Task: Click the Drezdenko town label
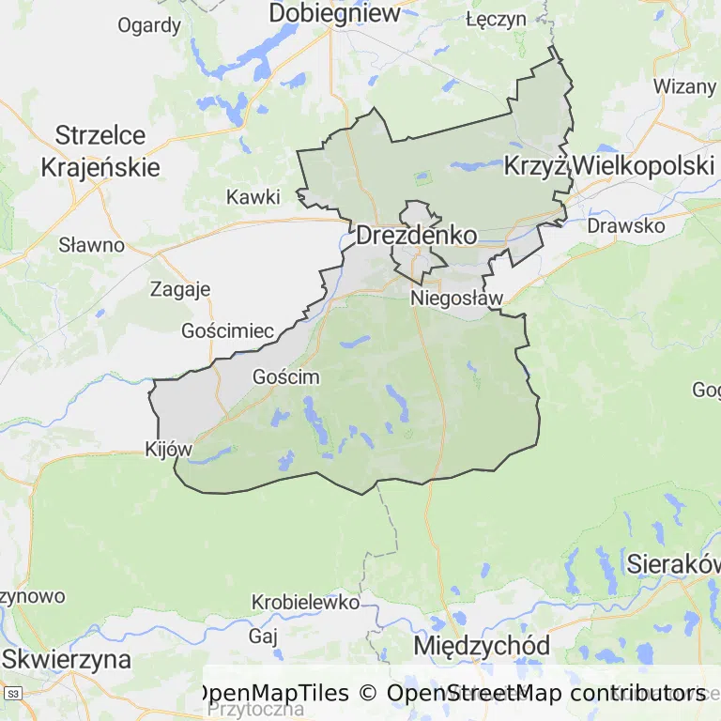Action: (416, 236)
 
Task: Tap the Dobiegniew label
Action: (334, 13)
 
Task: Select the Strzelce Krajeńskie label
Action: (100, 151)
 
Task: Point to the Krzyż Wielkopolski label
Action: (609, 166)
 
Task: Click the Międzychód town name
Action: (482, 646)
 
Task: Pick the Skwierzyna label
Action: (66, 658)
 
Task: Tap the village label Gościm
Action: (286, 377)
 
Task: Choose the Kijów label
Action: (169, 450)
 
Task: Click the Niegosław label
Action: (457, 299)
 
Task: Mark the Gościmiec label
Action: (228, 331)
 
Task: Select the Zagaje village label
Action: (180, 289)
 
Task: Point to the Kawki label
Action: (253, 197)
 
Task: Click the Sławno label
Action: (92, 245)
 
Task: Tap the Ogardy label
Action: (149, 25)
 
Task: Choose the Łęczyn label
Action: (496, 19)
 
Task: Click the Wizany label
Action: (684, 86)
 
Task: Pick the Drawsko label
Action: (625, 226)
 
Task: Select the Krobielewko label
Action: (306, 602)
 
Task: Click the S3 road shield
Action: (12, 694)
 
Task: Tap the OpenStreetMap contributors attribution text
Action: (546, 693)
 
